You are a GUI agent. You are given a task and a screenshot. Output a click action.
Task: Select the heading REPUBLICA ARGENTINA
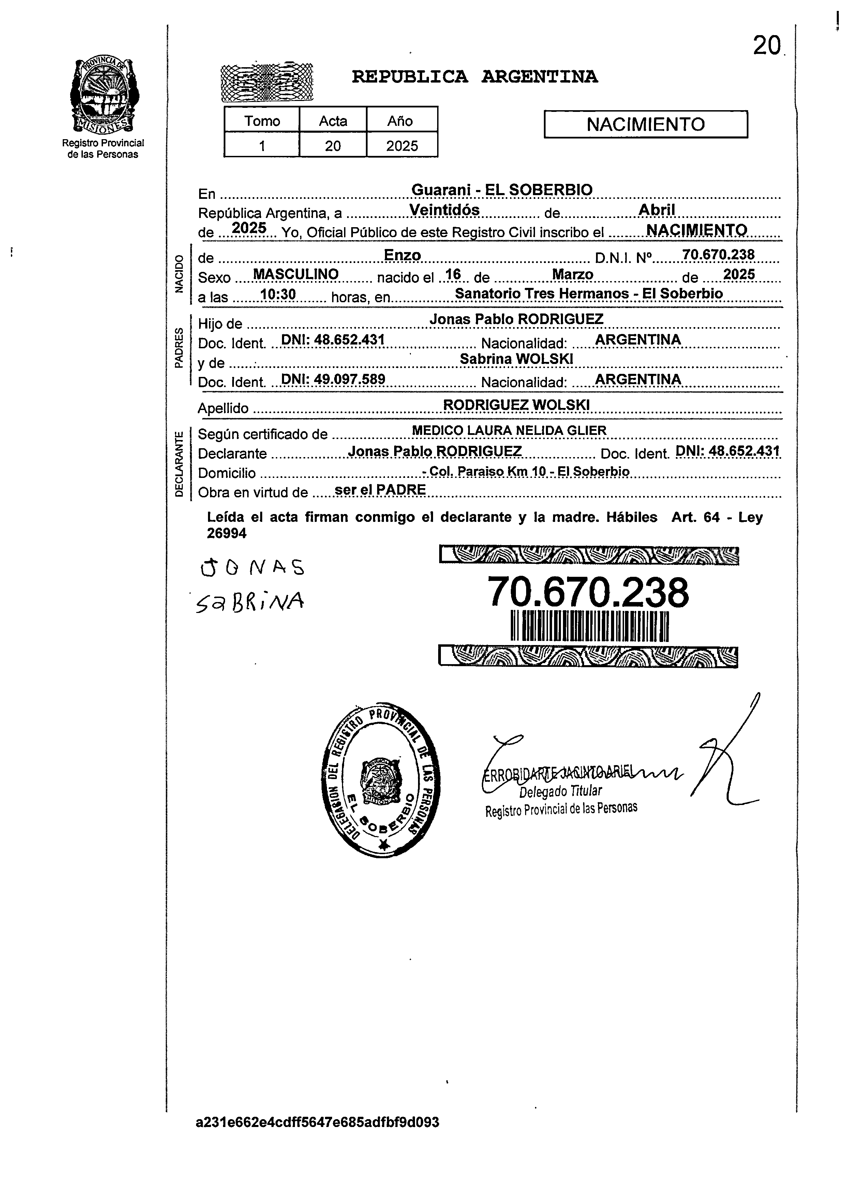coord(474,77)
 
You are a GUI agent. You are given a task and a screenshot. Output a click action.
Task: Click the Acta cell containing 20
coord(333,146)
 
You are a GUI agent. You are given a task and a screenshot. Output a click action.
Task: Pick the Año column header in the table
coord(400,121)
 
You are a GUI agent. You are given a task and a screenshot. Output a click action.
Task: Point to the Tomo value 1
coord(262,146)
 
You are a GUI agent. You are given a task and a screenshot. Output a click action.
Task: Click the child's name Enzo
coord(402,255)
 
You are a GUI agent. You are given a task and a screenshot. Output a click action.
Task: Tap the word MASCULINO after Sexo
coord(296,274)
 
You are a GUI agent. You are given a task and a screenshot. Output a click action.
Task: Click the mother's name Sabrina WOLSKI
coord(516,358)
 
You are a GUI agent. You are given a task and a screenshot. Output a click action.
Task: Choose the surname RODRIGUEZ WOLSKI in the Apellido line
coord(516,405)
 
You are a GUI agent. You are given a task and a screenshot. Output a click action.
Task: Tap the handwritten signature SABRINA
coord(250,603)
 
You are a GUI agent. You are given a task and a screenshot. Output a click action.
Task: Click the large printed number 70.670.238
coord(588,593)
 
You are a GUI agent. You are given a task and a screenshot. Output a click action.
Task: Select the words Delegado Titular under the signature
coord(560,792)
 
